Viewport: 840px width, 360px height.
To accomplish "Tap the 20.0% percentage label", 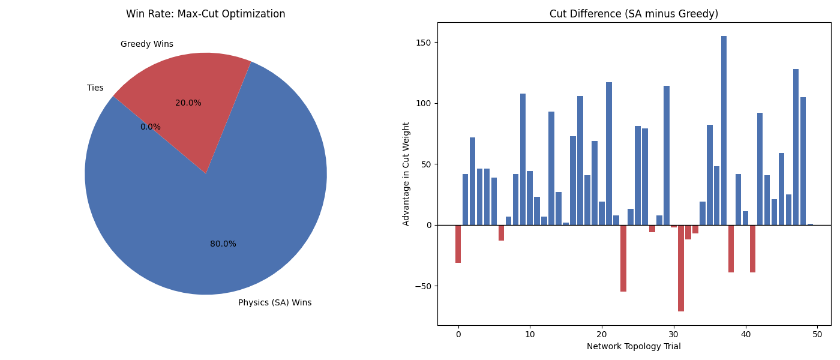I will [x=188, y=103].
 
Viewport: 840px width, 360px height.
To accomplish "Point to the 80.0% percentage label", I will [x=223, y=244].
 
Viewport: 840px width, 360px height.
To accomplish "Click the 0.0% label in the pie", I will [x=151, y=127].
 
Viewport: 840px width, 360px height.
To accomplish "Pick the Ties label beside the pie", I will [x=95, y=88].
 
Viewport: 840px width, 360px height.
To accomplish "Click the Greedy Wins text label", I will [x=147, y=44].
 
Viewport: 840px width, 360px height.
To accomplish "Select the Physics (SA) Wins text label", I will [x=275, y=303].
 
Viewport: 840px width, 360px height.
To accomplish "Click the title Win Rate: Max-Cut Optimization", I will [x=206, y=14].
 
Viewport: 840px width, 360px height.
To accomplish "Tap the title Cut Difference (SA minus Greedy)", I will [x=634, y=14].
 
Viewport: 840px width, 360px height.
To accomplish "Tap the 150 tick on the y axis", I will [x=424, y=43].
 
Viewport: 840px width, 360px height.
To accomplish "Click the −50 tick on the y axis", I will [x=422, y=286].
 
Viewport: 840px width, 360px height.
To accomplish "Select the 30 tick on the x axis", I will [x=674, y=335].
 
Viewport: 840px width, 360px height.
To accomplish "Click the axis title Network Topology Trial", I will [x=634, y=347].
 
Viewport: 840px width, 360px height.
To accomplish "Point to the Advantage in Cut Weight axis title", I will [x=406, y=174].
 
